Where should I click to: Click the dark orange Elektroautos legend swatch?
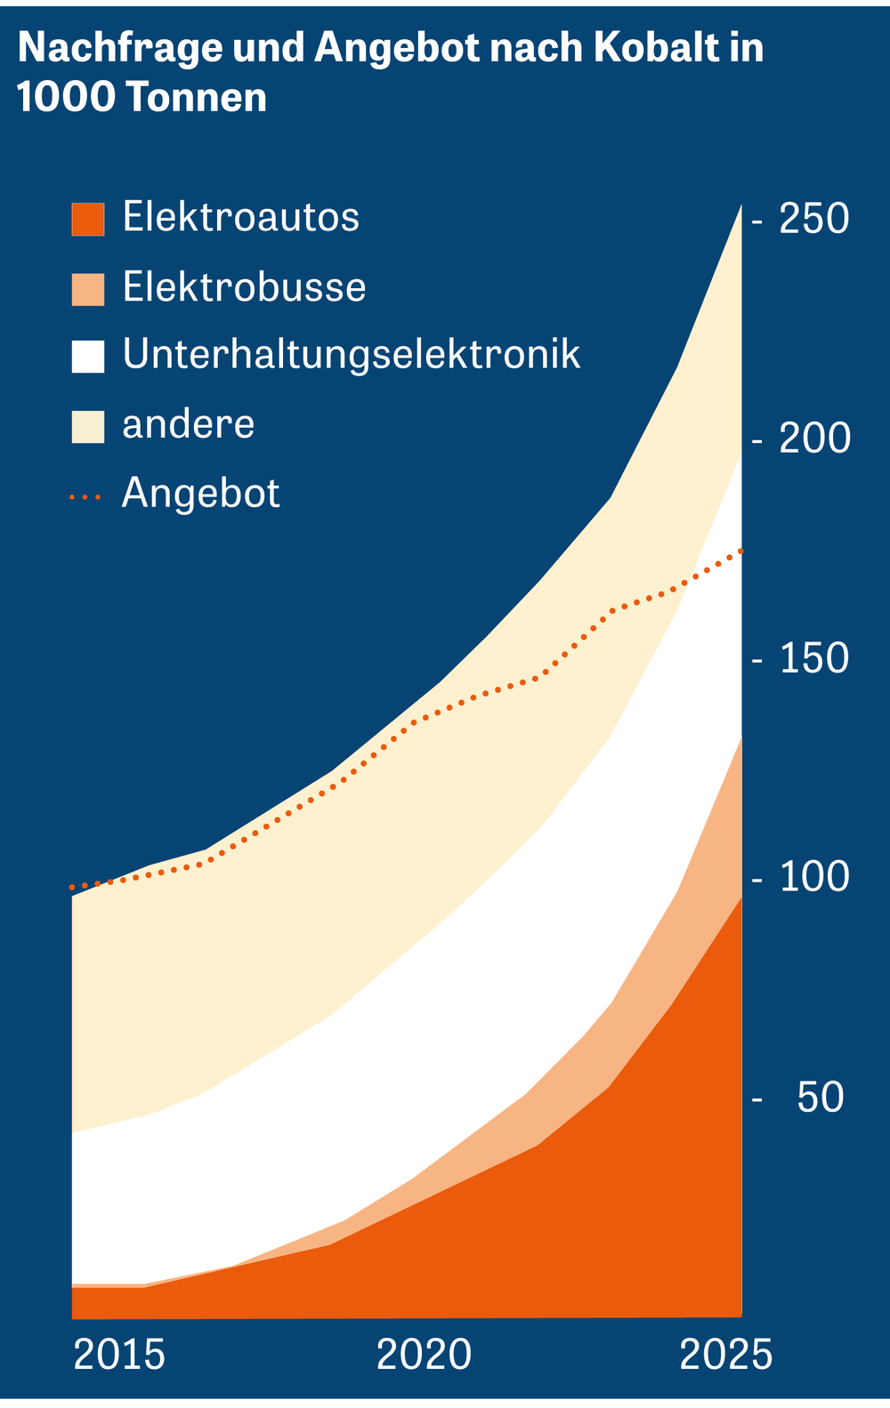tap(88, 219)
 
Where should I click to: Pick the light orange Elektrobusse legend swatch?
tap(88, 289)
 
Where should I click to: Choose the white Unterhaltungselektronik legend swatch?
tap(88, 357)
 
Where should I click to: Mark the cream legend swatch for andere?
tap(88, 426)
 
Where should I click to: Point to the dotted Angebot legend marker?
tap(85, 496)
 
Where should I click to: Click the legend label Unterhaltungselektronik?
tap(352, 355)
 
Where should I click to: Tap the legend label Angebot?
tap(201, 494)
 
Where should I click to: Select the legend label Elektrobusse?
tap(244, 287)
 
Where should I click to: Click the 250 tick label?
tap(813, 220)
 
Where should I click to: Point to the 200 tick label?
tap(814, 438)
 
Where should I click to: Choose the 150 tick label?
tap(813, 659)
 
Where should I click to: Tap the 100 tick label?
tap(813, 878)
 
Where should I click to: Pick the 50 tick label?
tap(820, 1098)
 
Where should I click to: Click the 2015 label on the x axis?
tap(119, 1356)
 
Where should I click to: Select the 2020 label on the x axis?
tap(424, 1356)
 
